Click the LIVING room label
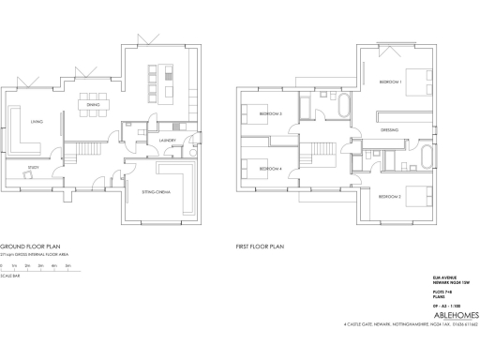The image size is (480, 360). pos(37,122)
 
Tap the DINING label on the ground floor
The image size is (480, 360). pos(93,106)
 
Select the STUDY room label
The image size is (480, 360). pos(34,170)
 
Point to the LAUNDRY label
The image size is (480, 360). pos(168,141)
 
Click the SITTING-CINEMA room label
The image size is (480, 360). pos(156,192)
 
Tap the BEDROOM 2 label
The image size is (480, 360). pos(390,198)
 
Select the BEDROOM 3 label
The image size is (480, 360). pos(270,114)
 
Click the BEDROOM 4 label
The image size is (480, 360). pos(270,169)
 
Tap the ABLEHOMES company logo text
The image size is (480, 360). pos(438,316)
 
